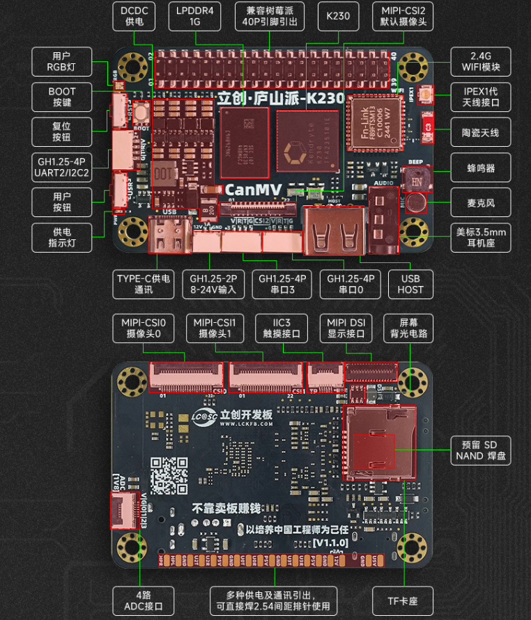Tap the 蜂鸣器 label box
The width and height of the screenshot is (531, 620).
point(480,167)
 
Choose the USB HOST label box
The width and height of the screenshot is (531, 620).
point(410,284)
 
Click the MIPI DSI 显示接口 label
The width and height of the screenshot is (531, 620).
point(347,328)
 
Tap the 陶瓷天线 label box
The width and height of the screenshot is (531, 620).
point(480,132)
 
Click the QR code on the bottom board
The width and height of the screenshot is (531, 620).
point(169,476)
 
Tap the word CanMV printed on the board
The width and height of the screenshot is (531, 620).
point(252,189)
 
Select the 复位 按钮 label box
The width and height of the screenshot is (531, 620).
point(61,131)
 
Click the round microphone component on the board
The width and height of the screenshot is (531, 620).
point(416,202)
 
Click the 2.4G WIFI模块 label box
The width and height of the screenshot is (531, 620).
point(480,61)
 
